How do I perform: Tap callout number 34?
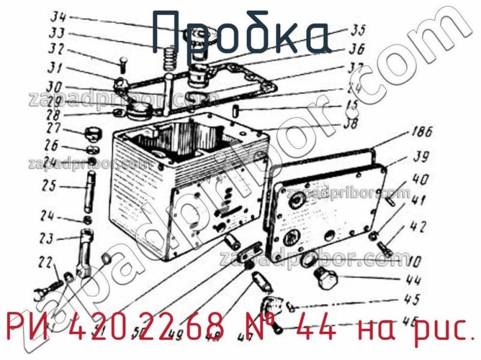(58, 16)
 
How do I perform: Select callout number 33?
(58, 33)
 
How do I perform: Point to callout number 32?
(57, 49)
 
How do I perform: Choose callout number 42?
(417, 227)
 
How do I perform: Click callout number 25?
(49, 186)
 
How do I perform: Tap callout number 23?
(47, 239)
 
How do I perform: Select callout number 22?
(45, 263)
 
